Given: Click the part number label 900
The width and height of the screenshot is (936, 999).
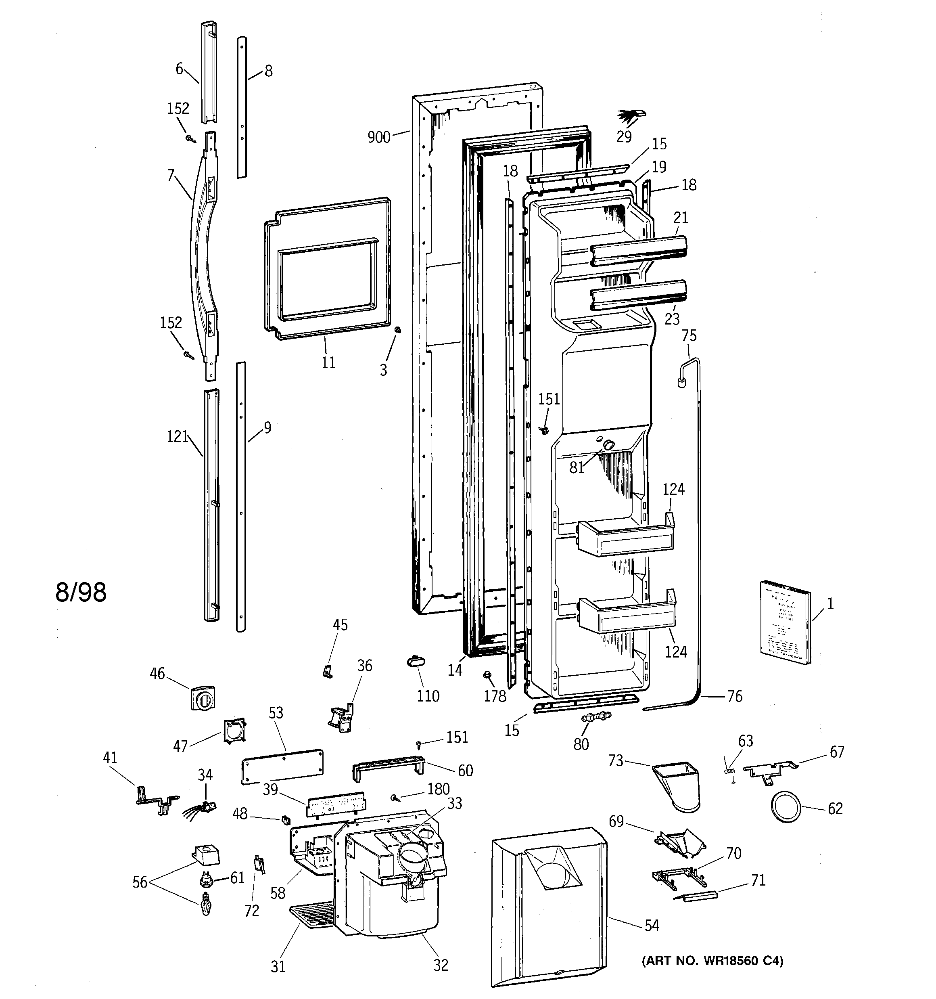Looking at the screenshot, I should tap(379, 137).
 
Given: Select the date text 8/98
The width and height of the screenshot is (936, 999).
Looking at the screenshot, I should tap(80, 593).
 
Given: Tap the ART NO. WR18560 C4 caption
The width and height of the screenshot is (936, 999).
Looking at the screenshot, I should tap(712, 961).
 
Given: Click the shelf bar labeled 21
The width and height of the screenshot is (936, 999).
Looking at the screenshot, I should tap(638, 250).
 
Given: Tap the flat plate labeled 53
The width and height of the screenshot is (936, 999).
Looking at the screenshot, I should tap(282, 767).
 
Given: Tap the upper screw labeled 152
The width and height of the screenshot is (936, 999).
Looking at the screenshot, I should tap(190, 138).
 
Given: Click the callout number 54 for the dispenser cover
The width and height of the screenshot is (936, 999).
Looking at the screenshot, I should tap(651, 925).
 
